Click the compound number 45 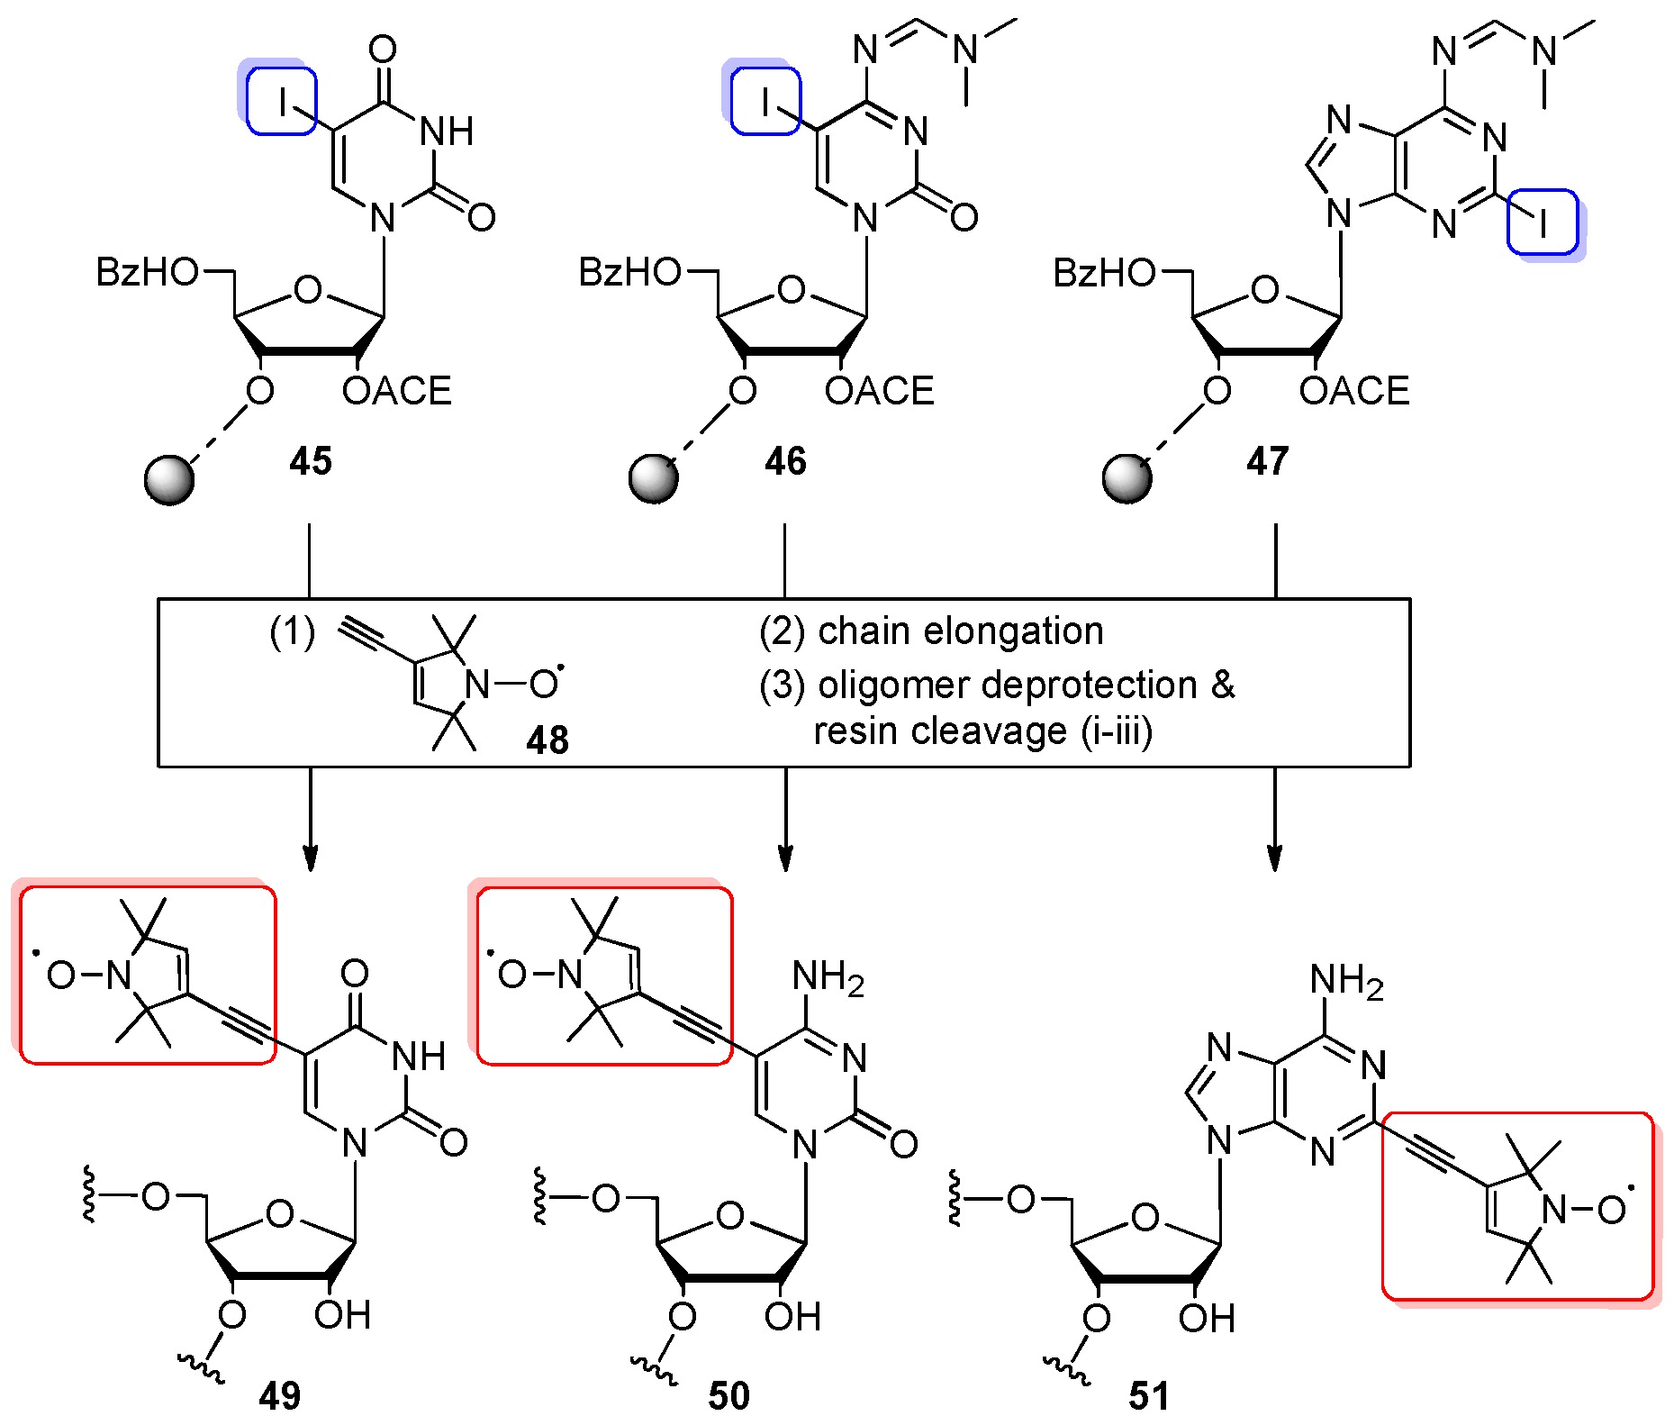[x=311, y=461]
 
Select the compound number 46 [x=785, y=461]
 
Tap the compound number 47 [x=1267, y=461]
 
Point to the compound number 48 [x=547, y=740]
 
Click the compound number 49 [x=280, y=1395]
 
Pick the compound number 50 [x=728, y=1395]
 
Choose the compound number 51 [x=1149, y=1395]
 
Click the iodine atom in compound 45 [x=282, y=102]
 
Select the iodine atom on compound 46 [x=765, y=102]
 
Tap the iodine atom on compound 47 [x=1543, y=222]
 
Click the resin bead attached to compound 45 [x=169, y=479]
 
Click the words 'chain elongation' [x=960, y=631]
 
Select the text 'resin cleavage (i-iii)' [x=982, y=731]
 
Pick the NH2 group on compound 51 [x=1346, y=980]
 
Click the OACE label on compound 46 [x=879, y=391]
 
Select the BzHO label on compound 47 [x=1103, y=272]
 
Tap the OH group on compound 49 [x=342, y=1316]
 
